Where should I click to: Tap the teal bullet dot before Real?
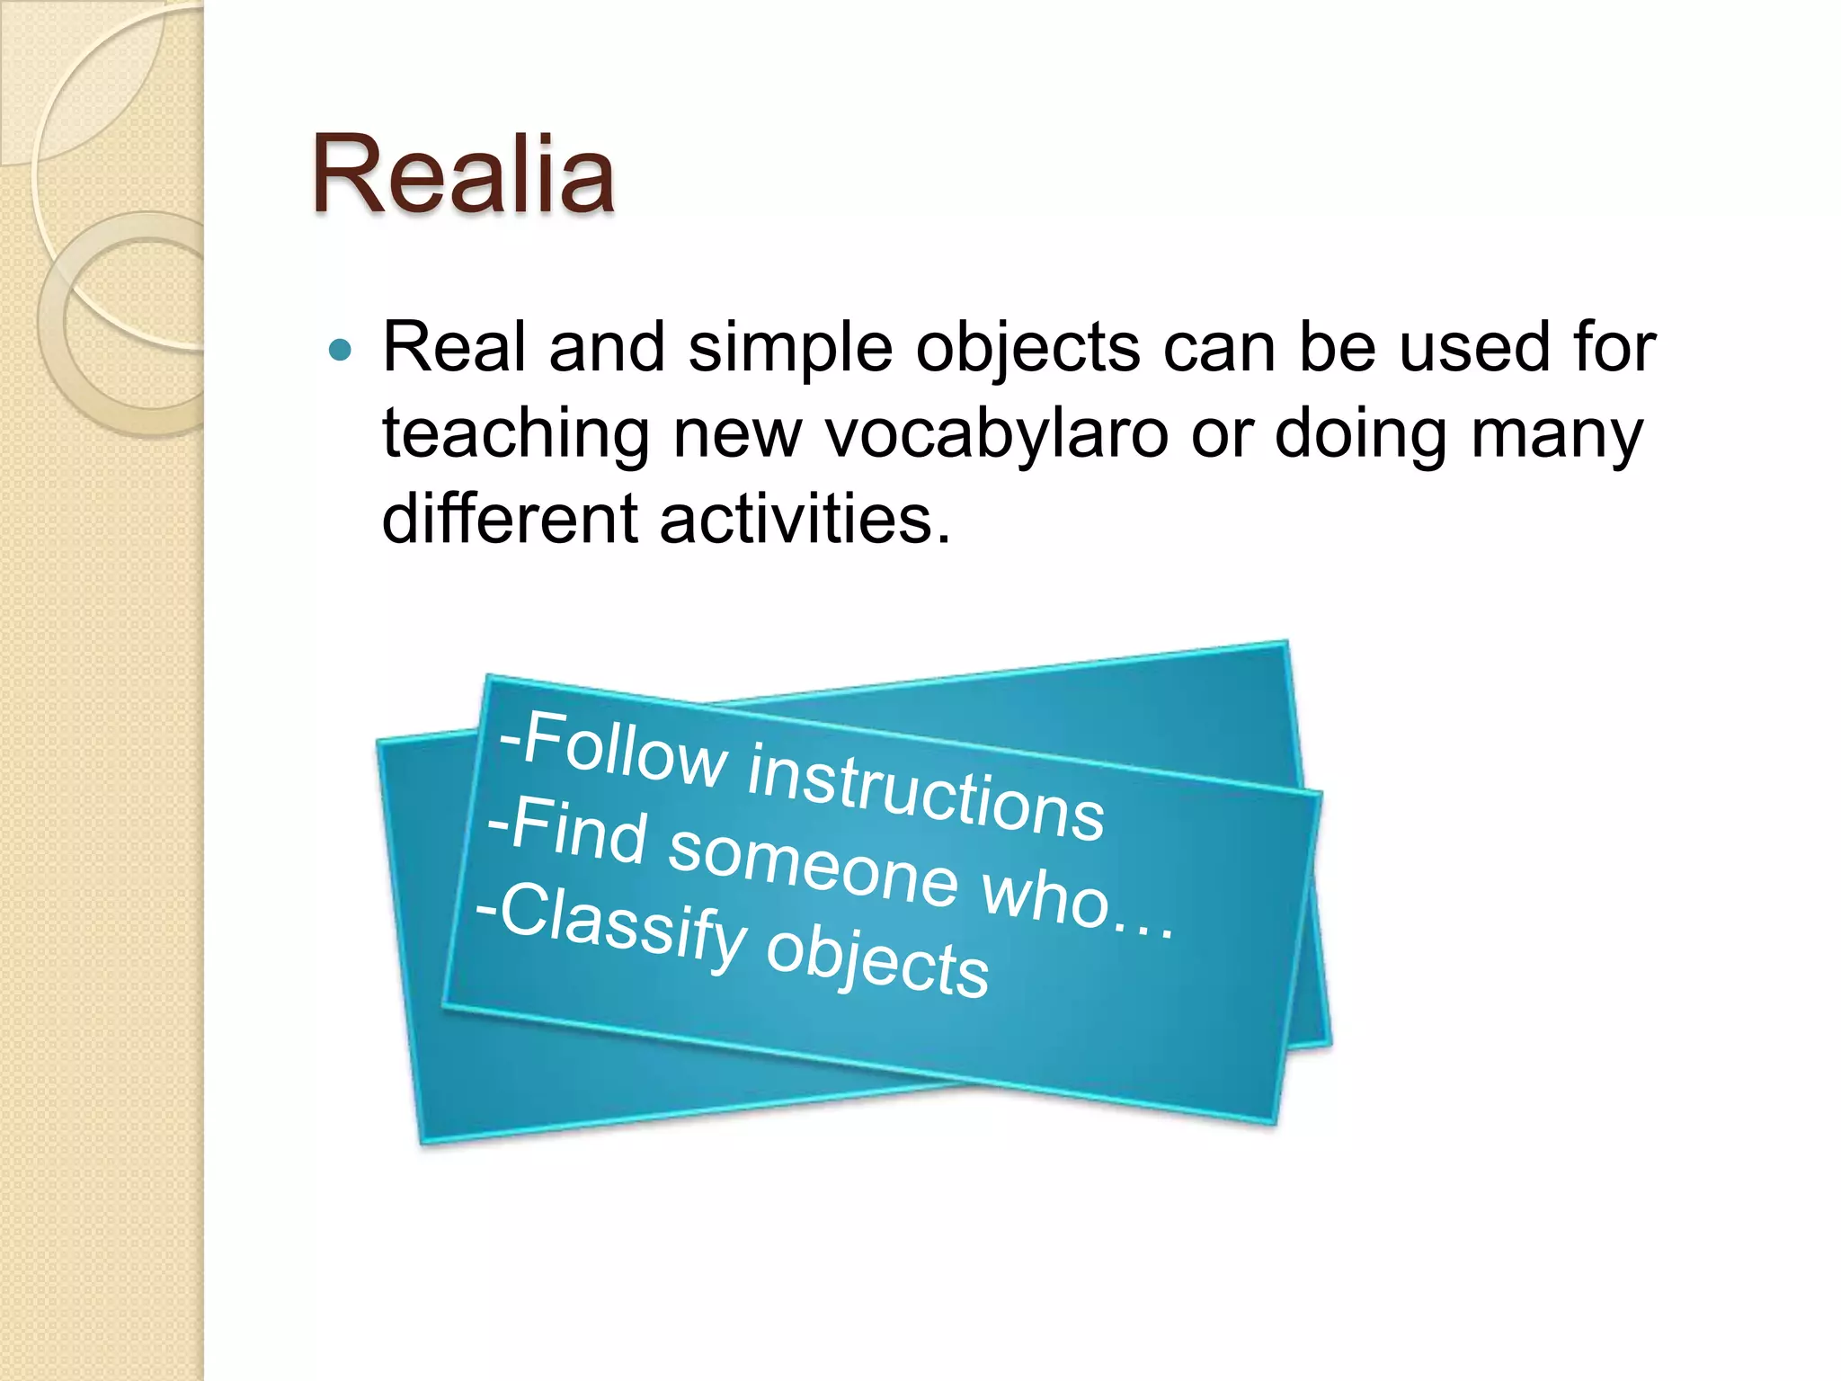click(341, 350)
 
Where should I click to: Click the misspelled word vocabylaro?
click(996, 434)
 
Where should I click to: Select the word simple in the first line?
click(790, 349)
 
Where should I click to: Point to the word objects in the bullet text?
click(1027, 349)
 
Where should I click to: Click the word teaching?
click(515, 434)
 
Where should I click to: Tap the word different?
click(509, 520)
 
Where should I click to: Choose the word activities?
click(805, 520)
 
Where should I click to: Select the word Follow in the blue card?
click(625, 751)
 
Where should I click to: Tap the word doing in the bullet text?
click(1360, 434)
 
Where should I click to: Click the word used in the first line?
click(1474, 349)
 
